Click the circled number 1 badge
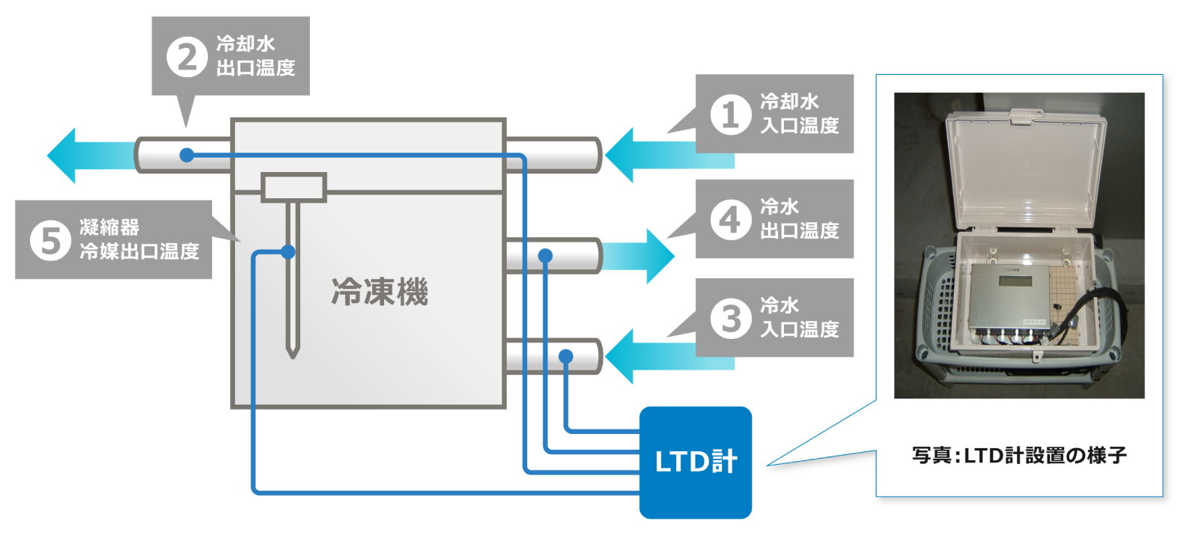(x=730, y=114)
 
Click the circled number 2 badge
(x=186, y=57)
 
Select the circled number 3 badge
(x=730, y=318)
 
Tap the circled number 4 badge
(x=730, y=219)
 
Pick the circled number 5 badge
(x=50, y=240)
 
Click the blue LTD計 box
(x=695, y=462)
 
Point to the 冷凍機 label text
(x=380, y=292)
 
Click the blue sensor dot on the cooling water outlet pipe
(x=187, y=155)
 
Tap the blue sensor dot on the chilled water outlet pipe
(x=545, y=256)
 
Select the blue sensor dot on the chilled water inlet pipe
(x=566, y=356)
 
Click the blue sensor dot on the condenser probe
(x=288, y=252)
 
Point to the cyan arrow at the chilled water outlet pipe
(x=640, y=256)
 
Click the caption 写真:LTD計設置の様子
(x=1019, y=455)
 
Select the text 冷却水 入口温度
(x=800, y=114)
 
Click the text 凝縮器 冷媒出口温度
(x=139, y=239)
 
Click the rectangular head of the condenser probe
(x=294, y=187)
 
